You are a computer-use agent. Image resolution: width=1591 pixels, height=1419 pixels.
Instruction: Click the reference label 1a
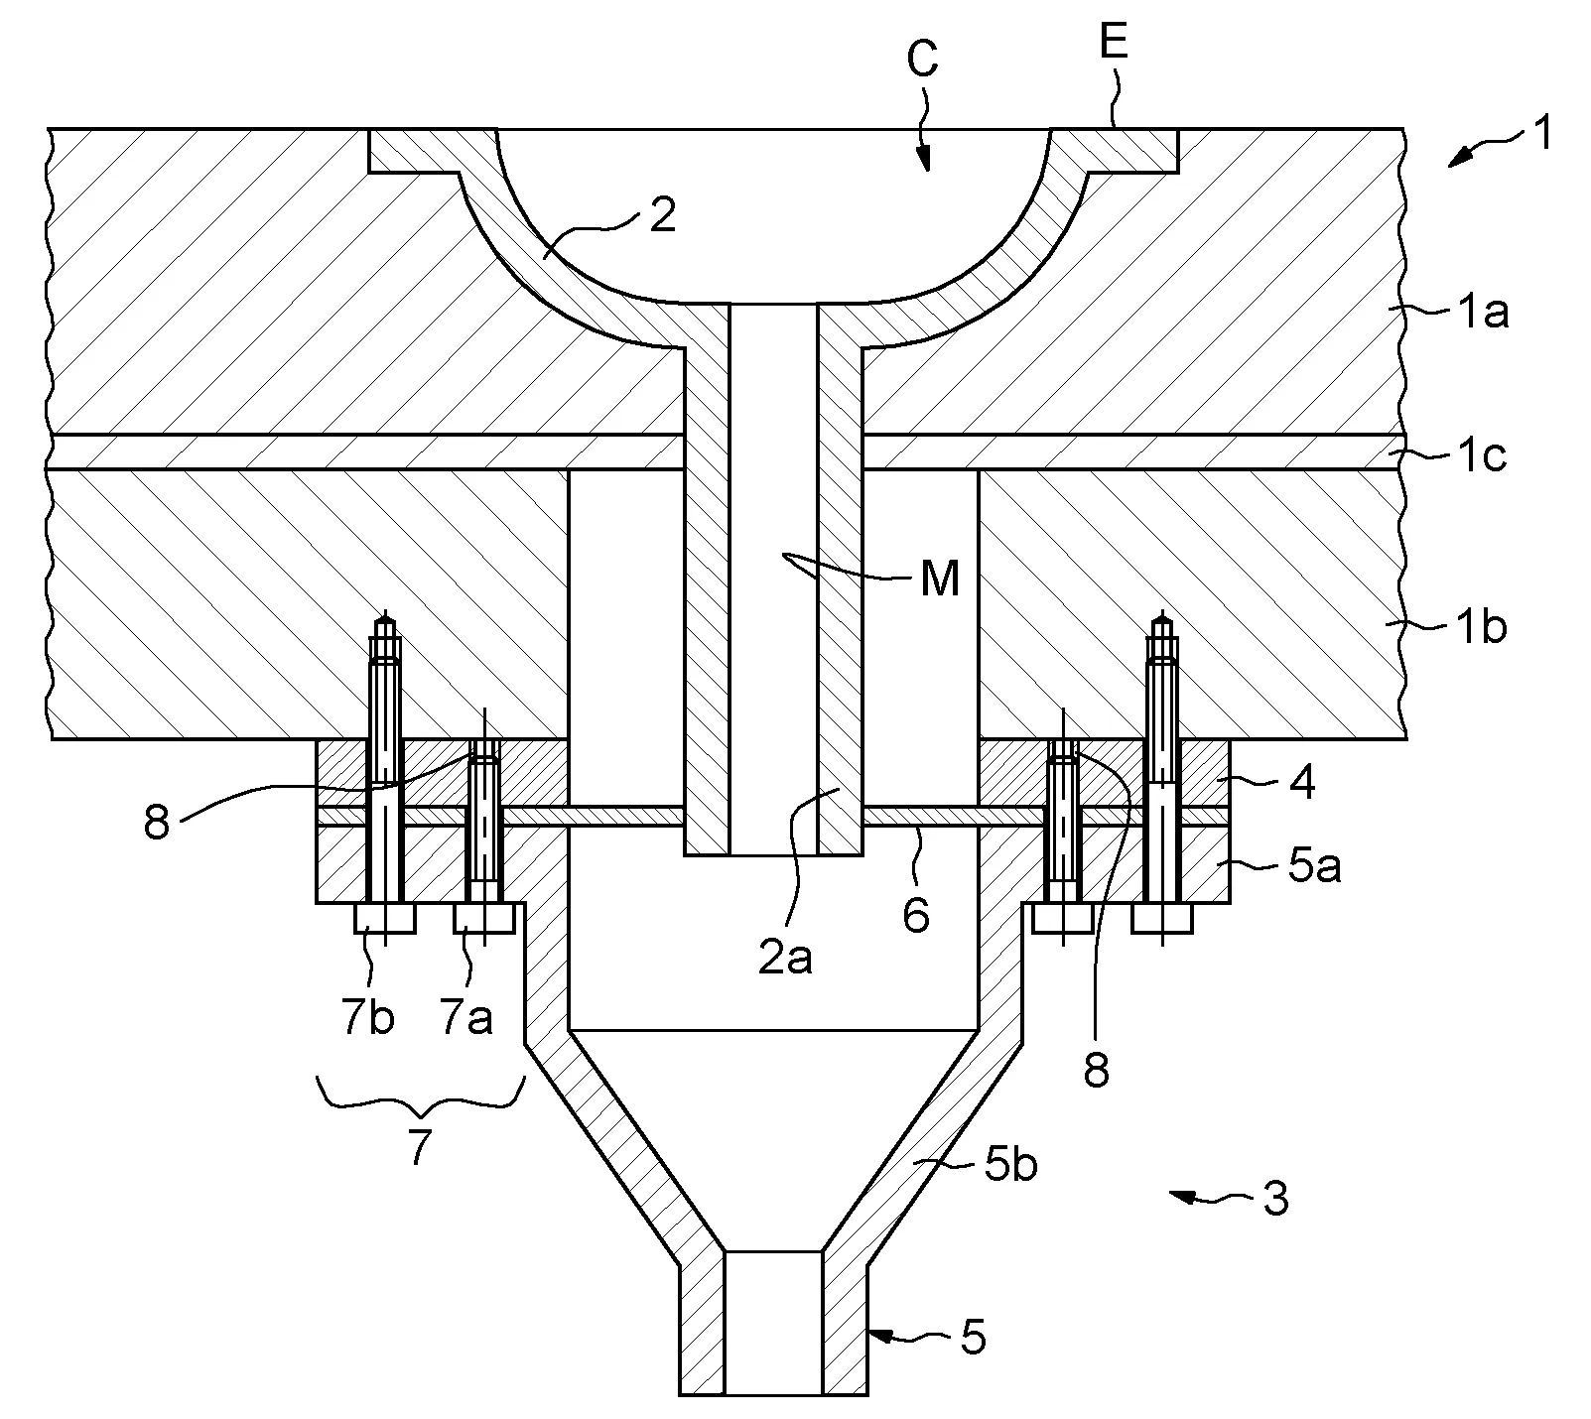(1482, 315)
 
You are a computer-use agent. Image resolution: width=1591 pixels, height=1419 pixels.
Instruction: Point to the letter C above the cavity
(923, 62)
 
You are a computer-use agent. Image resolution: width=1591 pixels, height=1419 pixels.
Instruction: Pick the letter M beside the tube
(940, 579)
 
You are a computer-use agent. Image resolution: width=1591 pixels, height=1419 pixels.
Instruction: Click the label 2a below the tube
(785, 959)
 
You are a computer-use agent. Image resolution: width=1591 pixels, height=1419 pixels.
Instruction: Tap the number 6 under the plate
(915, 915)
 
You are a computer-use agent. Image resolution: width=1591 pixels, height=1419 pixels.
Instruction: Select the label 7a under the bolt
(465, 1018)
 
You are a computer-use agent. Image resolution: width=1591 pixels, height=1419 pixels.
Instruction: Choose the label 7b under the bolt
(368, 1018)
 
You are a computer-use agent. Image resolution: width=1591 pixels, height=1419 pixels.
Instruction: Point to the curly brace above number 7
(419, 1096)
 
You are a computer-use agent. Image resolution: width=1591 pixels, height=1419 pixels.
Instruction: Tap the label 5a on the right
(1314, 866)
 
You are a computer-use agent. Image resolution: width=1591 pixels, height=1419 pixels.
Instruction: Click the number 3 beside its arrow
(1275, 1198)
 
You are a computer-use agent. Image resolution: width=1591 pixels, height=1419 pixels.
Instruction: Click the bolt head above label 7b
(385, 918)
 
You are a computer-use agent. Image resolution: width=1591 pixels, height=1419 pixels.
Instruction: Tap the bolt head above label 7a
(483, 918)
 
